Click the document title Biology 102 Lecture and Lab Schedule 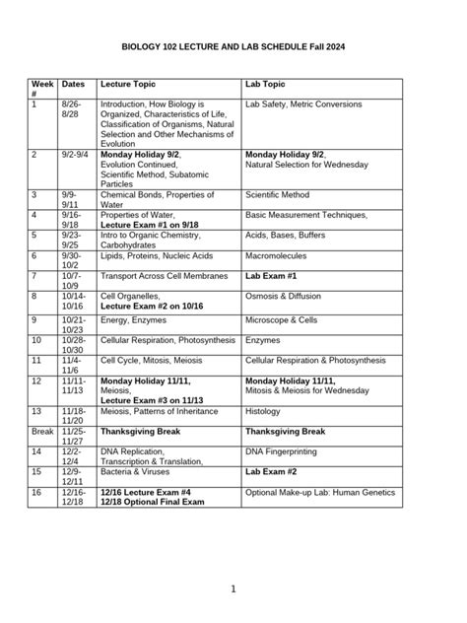(x=233, y=46)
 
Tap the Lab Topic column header (x=266, y=86)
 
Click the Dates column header (x=73, y=86)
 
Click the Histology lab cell (x=262, y=410)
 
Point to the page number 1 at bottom (x=233, y=588)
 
